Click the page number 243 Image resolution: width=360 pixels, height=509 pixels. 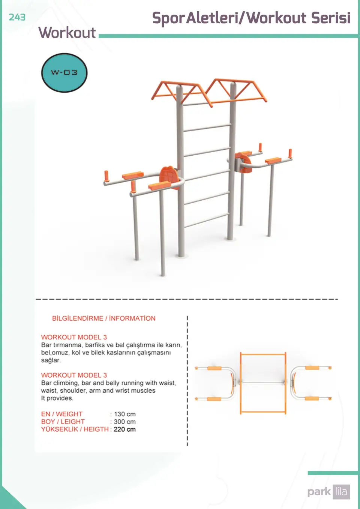pyautogui.click(x=17, y=17)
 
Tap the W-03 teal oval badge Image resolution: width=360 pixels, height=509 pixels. pyautogui.click(x=64, y=73)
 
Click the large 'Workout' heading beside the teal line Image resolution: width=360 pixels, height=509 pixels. pyautogui.click(x=67, y=33)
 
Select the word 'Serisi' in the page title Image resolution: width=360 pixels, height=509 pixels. pyautogui.click(x=331, y=18)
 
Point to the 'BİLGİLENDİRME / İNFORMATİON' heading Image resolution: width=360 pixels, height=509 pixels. pyautogui.click(x=104, y=318)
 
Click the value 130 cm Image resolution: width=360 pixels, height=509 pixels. pyautogui.click(x=125, y=414)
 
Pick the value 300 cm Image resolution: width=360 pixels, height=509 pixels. pyautogui.click(x=125, y=422)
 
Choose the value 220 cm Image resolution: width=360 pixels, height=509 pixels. pyautogui.click(x=125, y=429)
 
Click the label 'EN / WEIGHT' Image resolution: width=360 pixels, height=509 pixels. pyautogui.click(x=62, y=414)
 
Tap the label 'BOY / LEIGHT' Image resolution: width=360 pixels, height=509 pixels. pyautogui.click(x=63, y=422)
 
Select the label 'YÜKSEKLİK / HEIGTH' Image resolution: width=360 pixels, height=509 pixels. pyautogui.click(x=75, y=429)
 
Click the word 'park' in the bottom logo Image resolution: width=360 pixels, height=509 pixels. pyautogui.click(x=319, y=492)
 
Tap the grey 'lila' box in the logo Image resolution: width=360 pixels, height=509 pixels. pyautogui.click(x=341, y=492)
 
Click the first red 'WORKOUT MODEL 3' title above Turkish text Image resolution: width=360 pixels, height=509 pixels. pyautogui.click(x=74, y=337)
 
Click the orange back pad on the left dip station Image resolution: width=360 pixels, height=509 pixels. pyautogui.click(x=169, y=177)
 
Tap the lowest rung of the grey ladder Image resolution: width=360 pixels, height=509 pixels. pyautogui.click(x=207, y=220)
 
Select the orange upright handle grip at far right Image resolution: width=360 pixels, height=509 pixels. pyautogui.click(x=290, y=153)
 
